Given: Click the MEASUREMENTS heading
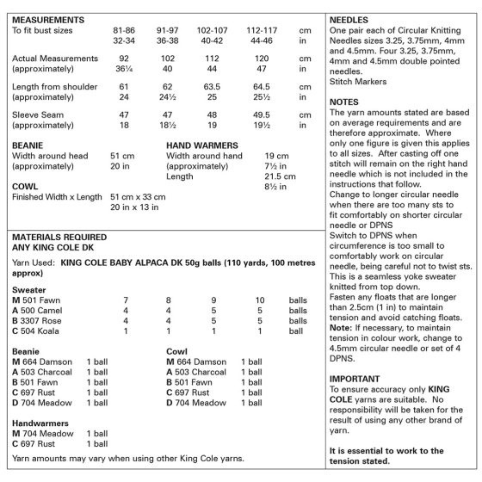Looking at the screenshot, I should (x=48, y=20).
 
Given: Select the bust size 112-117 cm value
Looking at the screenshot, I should (x=261, y=30).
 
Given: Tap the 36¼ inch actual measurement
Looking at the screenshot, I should (x=124, y=69).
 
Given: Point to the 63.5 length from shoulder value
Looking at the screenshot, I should (x=212, y=87).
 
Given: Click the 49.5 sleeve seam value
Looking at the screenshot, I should (x=261, y=115).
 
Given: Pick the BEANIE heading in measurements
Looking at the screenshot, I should (x=27, y=146).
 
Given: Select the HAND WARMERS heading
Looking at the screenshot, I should (x=202, y=146).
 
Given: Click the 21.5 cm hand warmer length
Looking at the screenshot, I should (x=280, y=177).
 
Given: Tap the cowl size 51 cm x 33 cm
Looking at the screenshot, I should (x=138, y=197).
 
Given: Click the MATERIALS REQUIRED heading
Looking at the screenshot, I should (x=59, y=237).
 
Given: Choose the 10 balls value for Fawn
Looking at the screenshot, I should (x=260, y=300).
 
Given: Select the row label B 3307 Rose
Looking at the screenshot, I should (x=36, y=321).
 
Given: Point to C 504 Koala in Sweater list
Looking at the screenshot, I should (x=36, y=331).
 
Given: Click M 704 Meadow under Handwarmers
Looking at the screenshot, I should (x=43, y=433).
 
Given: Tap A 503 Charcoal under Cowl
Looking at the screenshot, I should (x=196, y=372).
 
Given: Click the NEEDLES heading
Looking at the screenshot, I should (x=349, y=20).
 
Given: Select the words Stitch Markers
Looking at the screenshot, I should (x=358, y=82).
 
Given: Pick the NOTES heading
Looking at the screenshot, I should (x=344, y=102).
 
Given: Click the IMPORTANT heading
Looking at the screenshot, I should (x=354, y=379).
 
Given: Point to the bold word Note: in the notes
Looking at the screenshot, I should (x=340, y=328).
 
